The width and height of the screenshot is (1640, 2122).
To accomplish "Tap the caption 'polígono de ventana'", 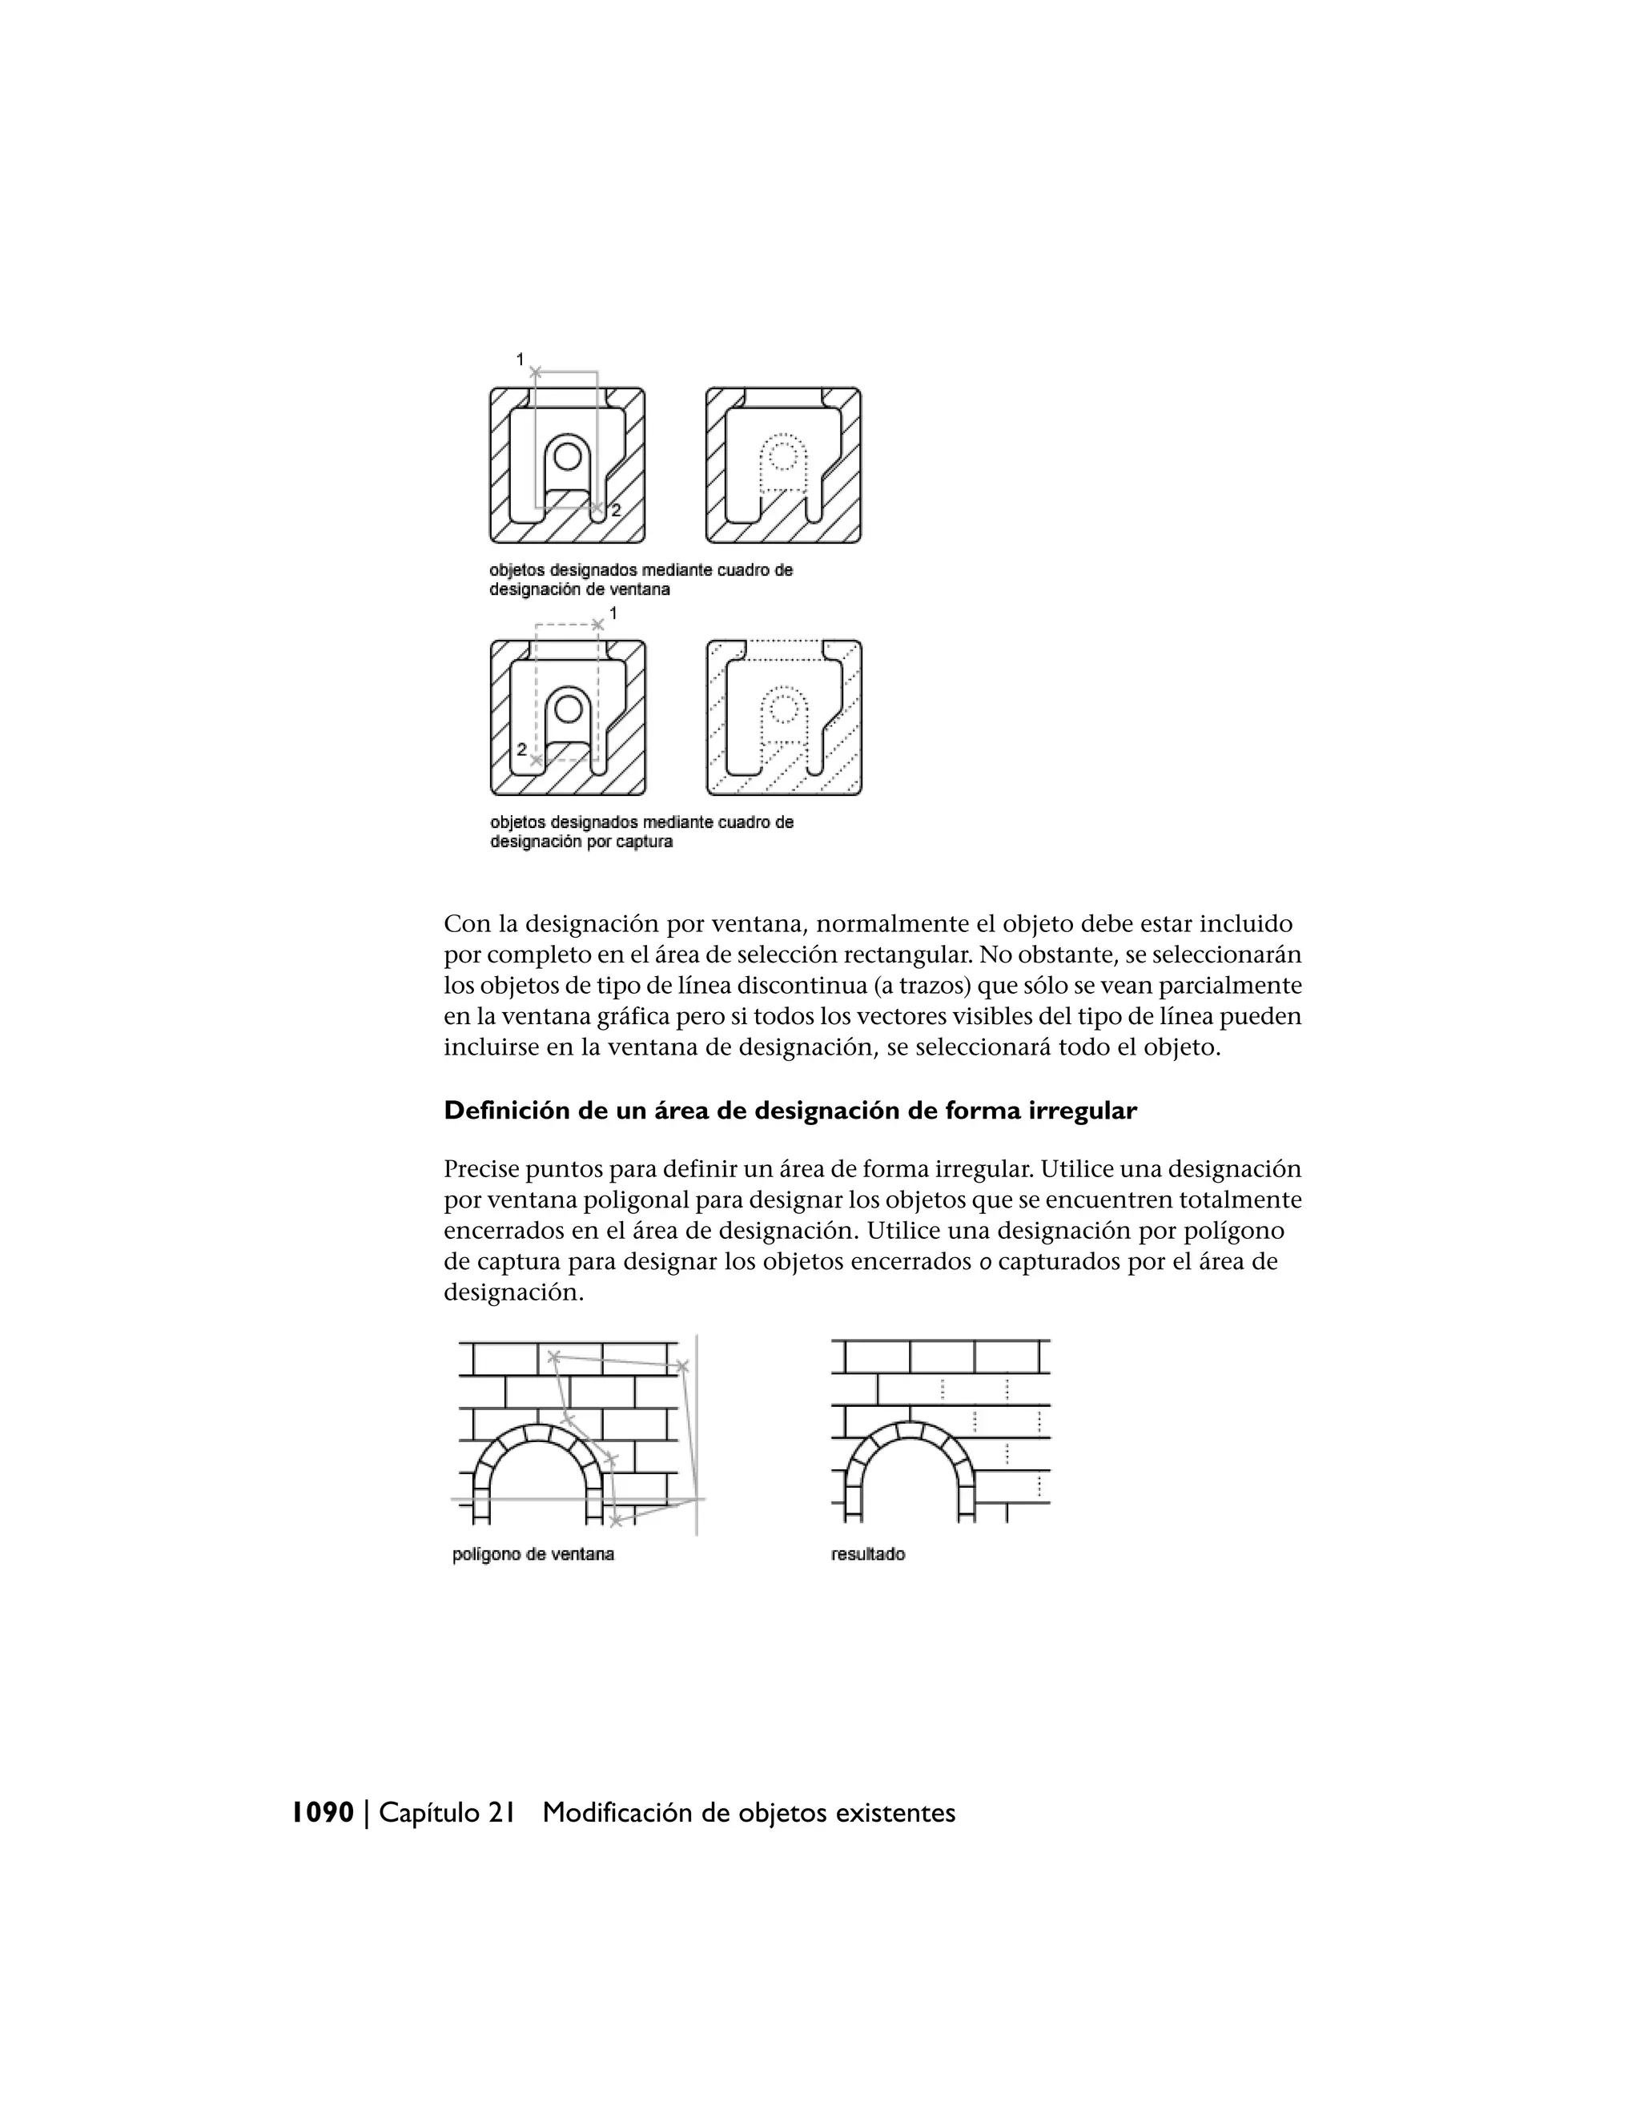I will click(x=533, y=1554).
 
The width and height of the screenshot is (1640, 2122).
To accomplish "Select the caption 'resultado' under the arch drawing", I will click(x=867, y=1554).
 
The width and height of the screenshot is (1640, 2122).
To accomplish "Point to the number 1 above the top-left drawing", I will click(x=521, y=359).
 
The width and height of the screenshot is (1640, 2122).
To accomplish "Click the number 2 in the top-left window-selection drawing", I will click(x=616, y=510).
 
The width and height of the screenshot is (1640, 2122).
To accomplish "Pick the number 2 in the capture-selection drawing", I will click(x=522, y=750).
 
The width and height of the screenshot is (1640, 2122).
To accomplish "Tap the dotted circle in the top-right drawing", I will click(x=783, y=455).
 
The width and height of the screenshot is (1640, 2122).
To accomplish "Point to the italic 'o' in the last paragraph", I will click(x=984, y=1262).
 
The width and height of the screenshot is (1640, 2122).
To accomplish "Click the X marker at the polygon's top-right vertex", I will click(x=682, y=1367).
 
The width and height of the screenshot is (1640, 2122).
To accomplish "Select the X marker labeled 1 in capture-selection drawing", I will click(x=597, y=625).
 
